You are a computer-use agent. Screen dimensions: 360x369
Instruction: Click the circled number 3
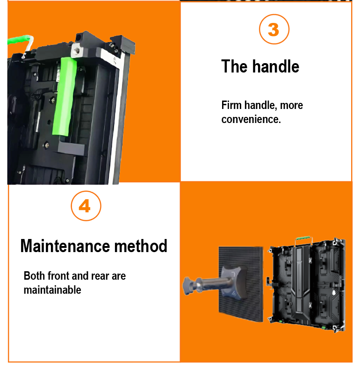[274, 29]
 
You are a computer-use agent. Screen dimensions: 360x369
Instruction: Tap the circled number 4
[86, 206]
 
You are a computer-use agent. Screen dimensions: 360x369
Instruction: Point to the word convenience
[251, 119]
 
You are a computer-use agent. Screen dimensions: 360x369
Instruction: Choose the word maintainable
[52, 289]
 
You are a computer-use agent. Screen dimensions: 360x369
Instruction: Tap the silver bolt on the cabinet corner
[77, 50]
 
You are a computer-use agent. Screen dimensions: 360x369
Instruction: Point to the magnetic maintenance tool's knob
[189, 285]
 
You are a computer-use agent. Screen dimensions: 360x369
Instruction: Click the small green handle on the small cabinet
[303, 238]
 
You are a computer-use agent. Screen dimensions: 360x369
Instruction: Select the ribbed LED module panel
[241, 283]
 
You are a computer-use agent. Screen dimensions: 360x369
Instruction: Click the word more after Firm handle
[292, 105]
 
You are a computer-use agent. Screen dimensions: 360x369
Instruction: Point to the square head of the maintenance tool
[233, 282]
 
